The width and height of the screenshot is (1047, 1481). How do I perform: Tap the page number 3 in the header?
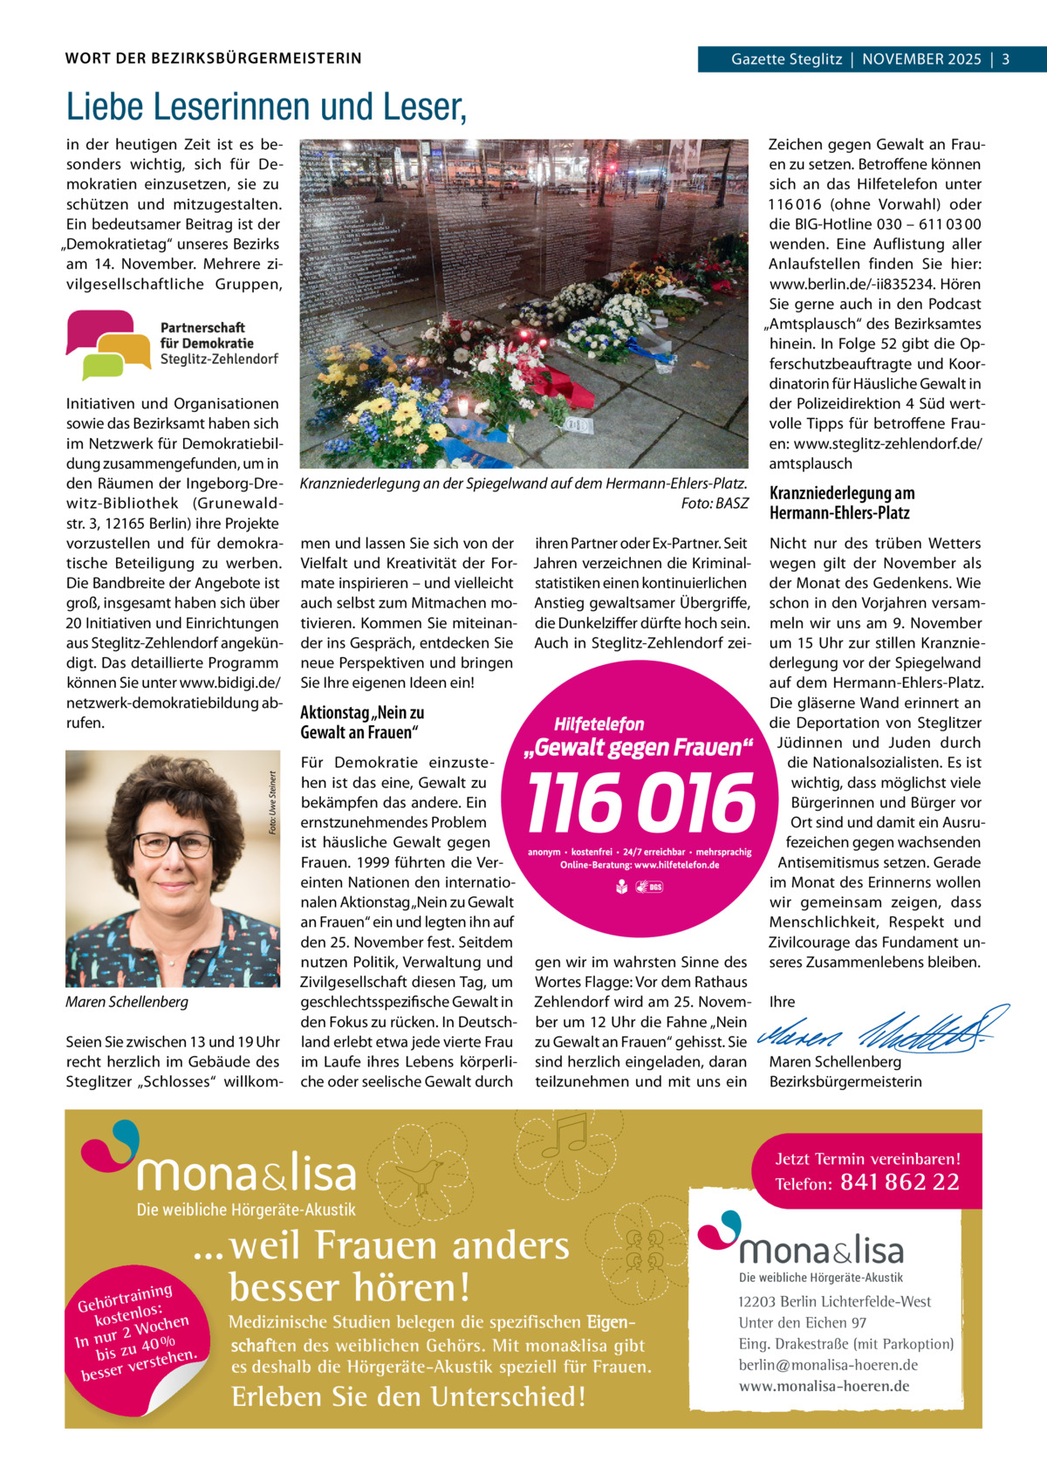click(x=1006, y=59)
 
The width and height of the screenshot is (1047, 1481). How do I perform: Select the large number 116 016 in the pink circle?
click(x=641, y=804)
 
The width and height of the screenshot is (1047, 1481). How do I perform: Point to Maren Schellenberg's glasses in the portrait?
click(x=174, y=844)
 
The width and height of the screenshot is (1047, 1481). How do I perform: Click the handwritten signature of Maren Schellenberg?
click(x=881, y=1030)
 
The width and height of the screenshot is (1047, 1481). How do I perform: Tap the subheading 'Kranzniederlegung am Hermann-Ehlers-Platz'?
click(x=841, y=504)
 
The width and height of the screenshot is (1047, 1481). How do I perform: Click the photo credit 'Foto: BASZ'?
click(x=715, y=504)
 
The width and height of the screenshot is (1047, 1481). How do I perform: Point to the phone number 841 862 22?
click(x=900, y=1183)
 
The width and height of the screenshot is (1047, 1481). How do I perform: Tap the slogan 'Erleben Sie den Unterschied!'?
click(x=407, y=1397)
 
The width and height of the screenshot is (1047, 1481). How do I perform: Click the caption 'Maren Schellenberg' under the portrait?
click(x=127, y=1002)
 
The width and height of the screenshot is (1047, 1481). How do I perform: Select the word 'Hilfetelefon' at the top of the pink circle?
click(x=599, y=724)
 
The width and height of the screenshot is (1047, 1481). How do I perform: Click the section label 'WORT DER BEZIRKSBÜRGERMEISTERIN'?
click(x=213, y=59)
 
